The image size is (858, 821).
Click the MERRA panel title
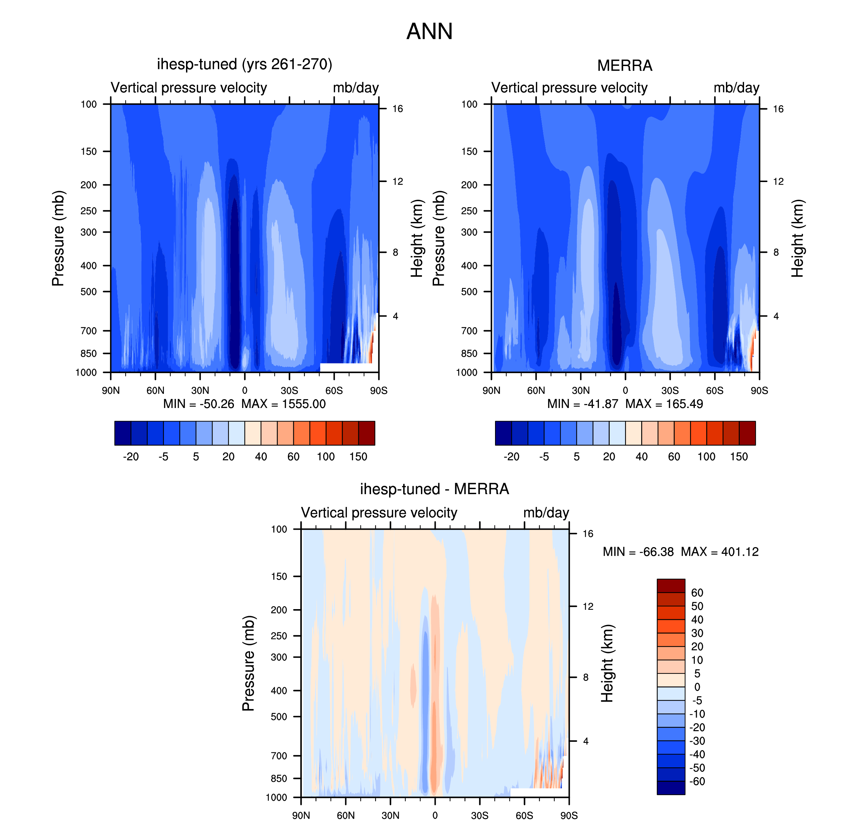coord(624,66)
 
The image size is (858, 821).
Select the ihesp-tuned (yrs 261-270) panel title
coord(245,64)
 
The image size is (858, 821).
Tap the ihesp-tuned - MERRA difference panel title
coord(434,489)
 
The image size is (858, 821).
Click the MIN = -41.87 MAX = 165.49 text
coord(625,404)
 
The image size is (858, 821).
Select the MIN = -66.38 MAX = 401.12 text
coord(680,551)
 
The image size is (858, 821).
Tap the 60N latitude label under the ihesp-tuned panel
coord(155,390)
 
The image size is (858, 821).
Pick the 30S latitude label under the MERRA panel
coord(670,390)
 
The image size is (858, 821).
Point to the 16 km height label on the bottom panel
coord(588,533)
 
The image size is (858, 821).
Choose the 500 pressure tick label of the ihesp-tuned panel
coord(88,291)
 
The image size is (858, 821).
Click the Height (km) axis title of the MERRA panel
coord(797,238)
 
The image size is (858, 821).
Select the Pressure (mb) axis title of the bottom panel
coord(248,663)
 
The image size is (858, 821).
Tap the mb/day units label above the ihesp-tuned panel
coord(355,87)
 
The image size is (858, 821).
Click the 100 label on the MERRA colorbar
coord(706,457)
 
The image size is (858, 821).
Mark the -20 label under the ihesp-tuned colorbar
coord(131,457)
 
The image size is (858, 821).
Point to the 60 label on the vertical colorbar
coord(697,593)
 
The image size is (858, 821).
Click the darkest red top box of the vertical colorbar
coord(671,586)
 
